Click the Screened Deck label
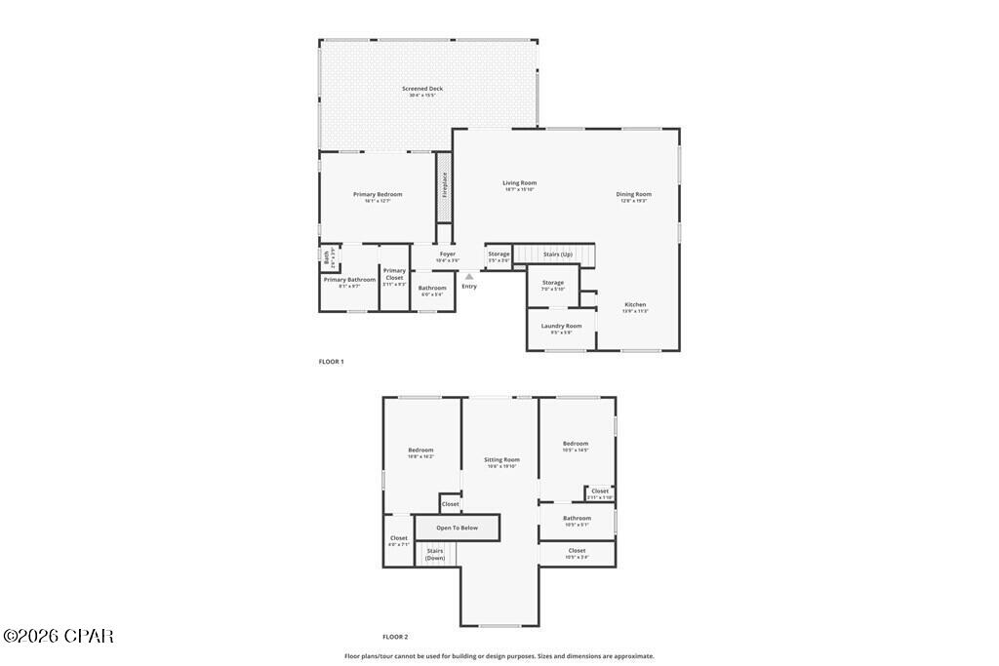pos(422,89)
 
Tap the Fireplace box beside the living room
pos(445,186)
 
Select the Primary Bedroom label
pos(378,195)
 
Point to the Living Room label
pos(519,183)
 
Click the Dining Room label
pos(633,194)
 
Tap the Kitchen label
pos(635,305)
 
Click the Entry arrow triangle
pos(469,277)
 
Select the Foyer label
pos(447,255)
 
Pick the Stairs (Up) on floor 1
pos(557,255)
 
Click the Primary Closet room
pos(394,277)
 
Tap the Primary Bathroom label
pos(349,280)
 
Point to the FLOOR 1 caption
pos(331,362)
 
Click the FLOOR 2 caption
pos(395,637)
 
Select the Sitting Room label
pos(501,460)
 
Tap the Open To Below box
pos(457,528)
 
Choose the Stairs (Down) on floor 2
pos(434,554)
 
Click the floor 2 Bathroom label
pos(577,519)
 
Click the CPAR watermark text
pos(59,637)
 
